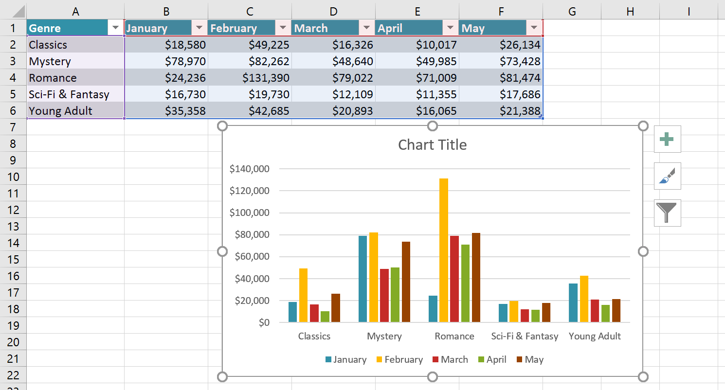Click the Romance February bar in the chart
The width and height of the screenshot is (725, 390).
(x=443, y=250)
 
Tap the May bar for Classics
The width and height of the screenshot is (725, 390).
(x=335, y=308)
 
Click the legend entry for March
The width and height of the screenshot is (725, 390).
(x=450, y=360)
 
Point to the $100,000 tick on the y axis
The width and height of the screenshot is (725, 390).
(x=249, y=213)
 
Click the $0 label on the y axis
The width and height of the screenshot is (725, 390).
(x=264, y=323)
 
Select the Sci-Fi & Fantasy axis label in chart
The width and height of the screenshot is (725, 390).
(x=525, y=336)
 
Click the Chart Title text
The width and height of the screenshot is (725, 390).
(x=432, y=144)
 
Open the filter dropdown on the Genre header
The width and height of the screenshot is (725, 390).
(x=115, y=28)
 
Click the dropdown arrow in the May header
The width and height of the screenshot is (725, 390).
(x=534, y=28)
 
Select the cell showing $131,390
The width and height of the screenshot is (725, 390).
(x=250, y=78)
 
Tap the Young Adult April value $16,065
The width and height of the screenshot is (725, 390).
(x=417, y=111)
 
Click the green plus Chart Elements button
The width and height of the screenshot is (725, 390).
(x=667, y=139)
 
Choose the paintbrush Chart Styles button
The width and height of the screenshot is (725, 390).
(x=667, y=176)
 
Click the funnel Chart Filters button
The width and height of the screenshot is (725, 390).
(x=667, y=213)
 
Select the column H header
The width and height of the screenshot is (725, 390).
(x=630, y=11)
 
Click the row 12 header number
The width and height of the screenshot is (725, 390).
(x=13, y=210)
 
